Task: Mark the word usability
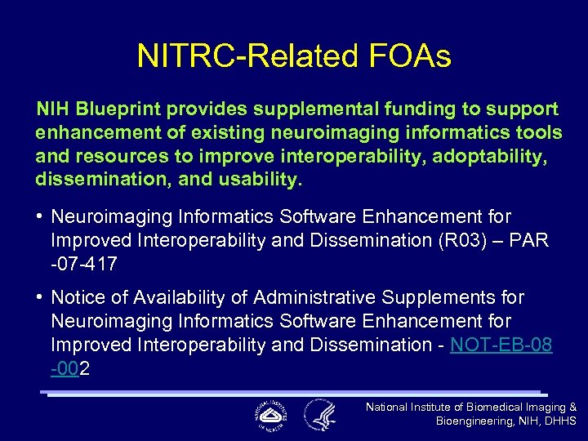(254, 178)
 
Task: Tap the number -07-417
(84, 264)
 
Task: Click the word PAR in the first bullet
(531, 241)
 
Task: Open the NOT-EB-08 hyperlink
(501, 345)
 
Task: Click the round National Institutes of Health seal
(269, 415)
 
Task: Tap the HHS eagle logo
(320, 415)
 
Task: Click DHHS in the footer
(559, 421)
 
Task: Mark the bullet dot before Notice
(40, 298)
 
